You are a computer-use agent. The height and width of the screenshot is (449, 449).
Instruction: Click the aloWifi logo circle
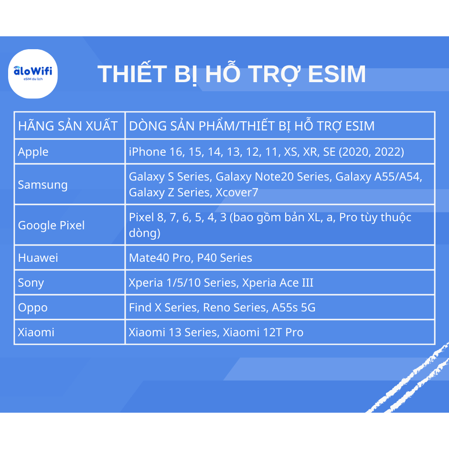coord(32,74)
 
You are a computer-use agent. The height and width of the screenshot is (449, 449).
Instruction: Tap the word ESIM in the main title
coord(337,74)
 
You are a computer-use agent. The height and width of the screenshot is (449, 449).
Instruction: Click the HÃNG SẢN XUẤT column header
coord(68,126)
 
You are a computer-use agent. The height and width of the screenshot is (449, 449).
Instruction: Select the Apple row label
coord(33,152)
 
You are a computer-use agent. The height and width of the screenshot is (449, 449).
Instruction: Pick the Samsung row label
coord(43,185)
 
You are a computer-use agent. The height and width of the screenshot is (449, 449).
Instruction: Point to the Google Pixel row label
coord(51,225)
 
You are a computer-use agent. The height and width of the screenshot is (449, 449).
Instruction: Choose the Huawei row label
coord(38,258)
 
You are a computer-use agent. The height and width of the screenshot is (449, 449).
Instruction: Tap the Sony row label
coord(31,283)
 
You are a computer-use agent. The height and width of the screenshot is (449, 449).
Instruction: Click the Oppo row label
coord(33,308)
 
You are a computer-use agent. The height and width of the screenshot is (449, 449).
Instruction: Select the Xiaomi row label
coord(36,332)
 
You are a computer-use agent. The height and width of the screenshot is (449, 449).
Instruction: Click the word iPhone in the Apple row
coord(148,152)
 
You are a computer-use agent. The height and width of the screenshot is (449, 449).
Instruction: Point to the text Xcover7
coord(237,192)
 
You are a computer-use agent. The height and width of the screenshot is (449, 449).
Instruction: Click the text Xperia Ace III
coord(278,283)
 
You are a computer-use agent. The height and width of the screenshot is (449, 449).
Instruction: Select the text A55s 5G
coord(294,308)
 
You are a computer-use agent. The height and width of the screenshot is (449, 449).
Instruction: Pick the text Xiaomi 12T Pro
coord(263,332)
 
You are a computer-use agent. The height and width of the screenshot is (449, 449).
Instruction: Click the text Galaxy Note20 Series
coord(274,177)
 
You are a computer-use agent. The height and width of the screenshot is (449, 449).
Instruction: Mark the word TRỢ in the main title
coord(274,74)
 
